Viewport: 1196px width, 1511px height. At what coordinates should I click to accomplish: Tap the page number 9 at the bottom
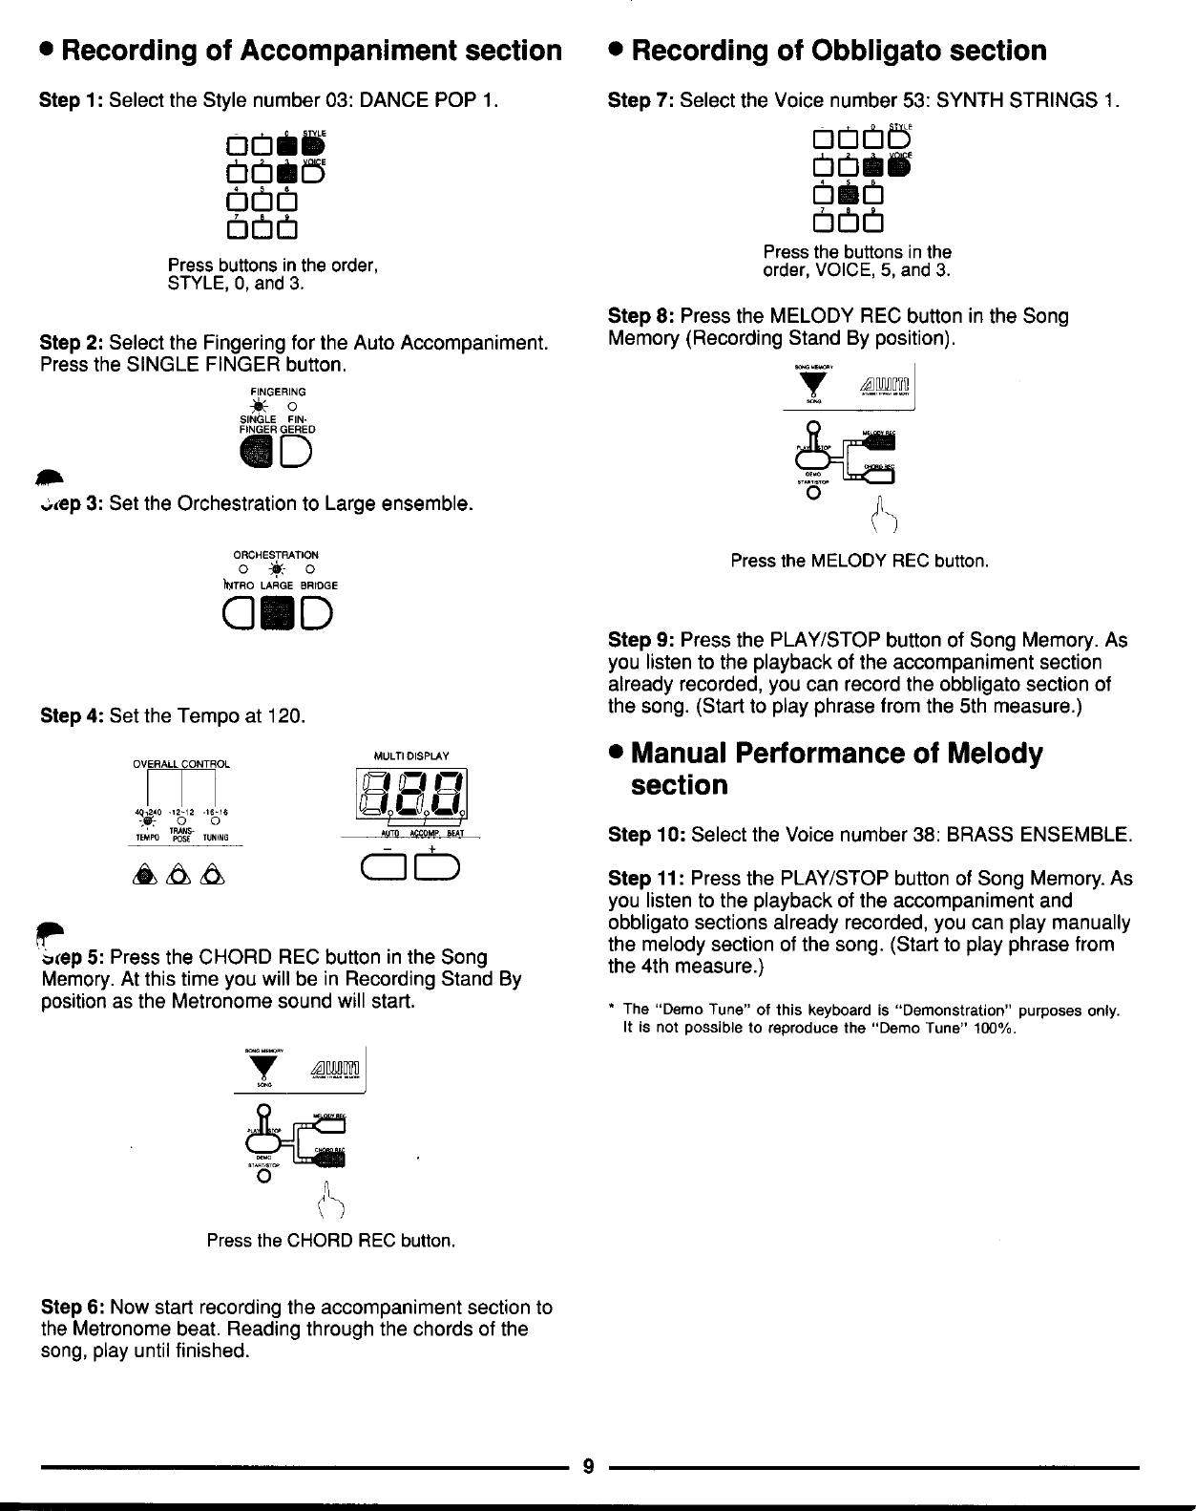589,1467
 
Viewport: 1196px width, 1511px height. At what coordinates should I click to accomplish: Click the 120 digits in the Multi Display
410,797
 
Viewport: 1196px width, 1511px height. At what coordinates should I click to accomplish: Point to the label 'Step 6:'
73,1307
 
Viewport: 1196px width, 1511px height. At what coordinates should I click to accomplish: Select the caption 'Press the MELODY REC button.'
859,561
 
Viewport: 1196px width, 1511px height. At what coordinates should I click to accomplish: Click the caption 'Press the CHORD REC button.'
331,1241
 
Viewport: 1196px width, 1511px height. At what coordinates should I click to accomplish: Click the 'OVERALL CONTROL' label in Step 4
181,763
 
